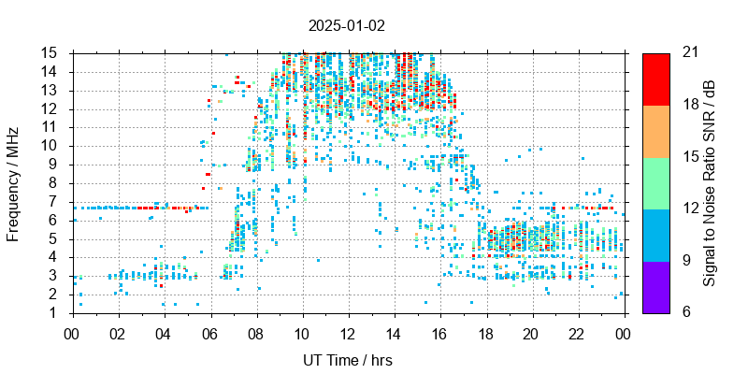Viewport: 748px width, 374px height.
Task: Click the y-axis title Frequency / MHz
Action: coord(13,182)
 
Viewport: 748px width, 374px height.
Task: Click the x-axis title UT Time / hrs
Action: coord(348,360)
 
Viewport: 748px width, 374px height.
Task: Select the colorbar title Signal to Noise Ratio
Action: coord(710,182)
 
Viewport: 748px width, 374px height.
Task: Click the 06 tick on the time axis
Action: coord(209,332)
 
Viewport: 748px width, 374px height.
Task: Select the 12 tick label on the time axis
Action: coord(348,332)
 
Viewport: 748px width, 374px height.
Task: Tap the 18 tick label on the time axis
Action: coord(486,332)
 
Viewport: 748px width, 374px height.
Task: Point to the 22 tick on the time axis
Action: coord(578,332)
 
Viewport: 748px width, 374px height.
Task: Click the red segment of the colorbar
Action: coord(655,79)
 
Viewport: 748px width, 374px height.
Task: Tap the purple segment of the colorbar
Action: coord(655,286)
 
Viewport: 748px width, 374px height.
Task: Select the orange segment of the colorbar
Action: coord(655,131)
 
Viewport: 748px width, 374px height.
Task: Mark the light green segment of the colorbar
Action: coord(655,182)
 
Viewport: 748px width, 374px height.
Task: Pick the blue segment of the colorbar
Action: coord(655,235)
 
